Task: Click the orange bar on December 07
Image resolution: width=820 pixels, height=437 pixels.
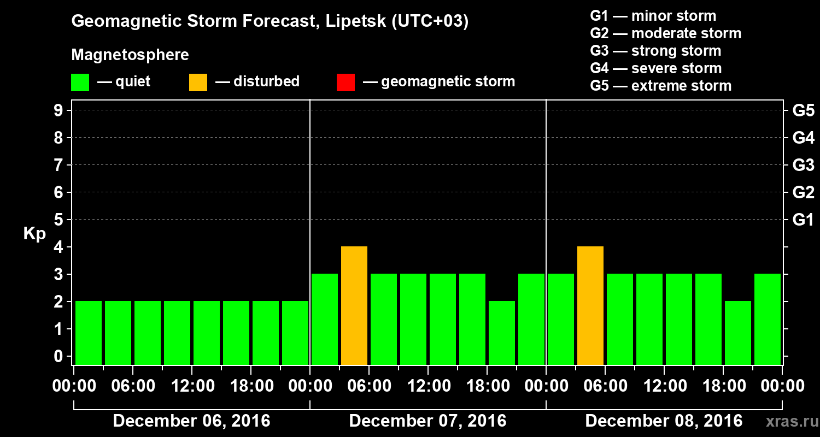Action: (x=354, y=305)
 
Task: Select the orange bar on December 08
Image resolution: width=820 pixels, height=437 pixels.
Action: (x=590, y=305)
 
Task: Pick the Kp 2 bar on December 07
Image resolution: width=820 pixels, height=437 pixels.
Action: (x=502, y=333)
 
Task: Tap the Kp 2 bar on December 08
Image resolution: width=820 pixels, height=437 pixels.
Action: (x=738, y=333)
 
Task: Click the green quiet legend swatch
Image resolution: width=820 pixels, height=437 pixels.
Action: (x=80, y=82)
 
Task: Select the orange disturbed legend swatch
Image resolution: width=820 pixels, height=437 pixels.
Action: (x=198, y=82)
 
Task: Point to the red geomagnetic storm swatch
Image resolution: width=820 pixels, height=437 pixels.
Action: (x=345, y=82)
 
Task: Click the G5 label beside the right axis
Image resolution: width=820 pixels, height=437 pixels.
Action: (x=803, y=111)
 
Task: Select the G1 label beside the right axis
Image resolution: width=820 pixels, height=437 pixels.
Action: (x=803, y=220)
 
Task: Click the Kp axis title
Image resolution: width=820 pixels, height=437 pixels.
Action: (x=34, y=234)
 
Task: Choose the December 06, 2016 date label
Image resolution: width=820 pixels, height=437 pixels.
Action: (x=191, y=421)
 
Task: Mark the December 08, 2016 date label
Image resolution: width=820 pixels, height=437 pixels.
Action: (x=664, y=421)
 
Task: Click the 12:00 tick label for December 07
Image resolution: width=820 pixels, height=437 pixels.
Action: (x=429, y=386)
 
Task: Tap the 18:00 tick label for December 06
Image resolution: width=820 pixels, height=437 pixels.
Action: (x=251, y=386)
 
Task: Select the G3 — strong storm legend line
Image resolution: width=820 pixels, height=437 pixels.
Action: (x=655, y=51)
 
